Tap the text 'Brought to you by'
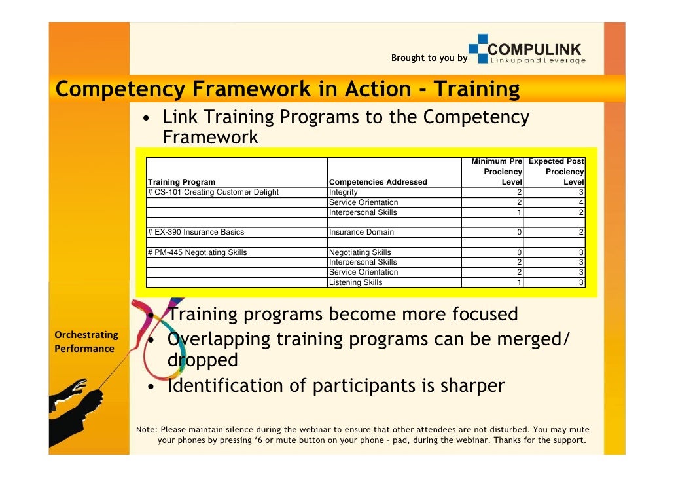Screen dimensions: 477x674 (429, 58)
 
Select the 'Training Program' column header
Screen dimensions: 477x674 (182, 182)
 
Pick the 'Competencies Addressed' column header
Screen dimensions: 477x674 (378, 182)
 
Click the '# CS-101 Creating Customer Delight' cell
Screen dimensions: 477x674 (213, 192)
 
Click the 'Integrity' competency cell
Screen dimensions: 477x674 (343, 192)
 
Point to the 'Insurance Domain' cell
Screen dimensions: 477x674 (361, 232)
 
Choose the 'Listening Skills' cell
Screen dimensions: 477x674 (355, 282)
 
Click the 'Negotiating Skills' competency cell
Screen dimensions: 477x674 (360, 252)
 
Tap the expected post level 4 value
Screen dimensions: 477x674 (581, 202)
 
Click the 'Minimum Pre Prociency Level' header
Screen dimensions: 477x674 (496, 172)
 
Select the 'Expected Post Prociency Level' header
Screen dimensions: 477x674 (556, 172)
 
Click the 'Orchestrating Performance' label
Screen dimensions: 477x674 (86, 341)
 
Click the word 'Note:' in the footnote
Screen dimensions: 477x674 (147, 430)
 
